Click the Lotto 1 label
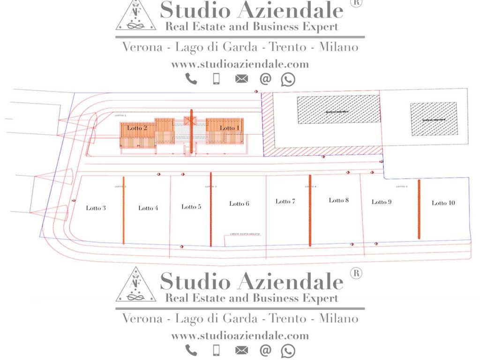click(230, 128)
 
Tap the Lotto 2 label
click(137, 128)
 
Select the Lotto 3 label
click(96, 208)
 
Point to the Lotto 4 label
click(148, 208)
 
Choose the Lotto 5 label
click(191, 207)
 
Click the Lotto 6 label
click(239, 203)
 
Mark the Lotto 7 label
click(285, 201)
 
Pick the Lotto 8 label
click(338, 200)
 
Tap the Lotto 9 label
click(382, 202)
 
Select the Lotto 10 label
click(443, 203)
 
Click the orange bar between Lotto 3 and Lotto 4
click(123, 210)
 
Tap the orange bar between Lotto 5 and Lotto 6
click(211, 209)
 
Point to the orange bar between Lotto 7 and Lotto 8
click(310, 210)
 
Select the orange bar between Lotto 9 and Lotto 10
click(419, 209)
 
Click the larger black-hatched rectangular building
click(339, 110)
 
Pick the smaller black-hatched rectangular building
click(434, 119)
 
